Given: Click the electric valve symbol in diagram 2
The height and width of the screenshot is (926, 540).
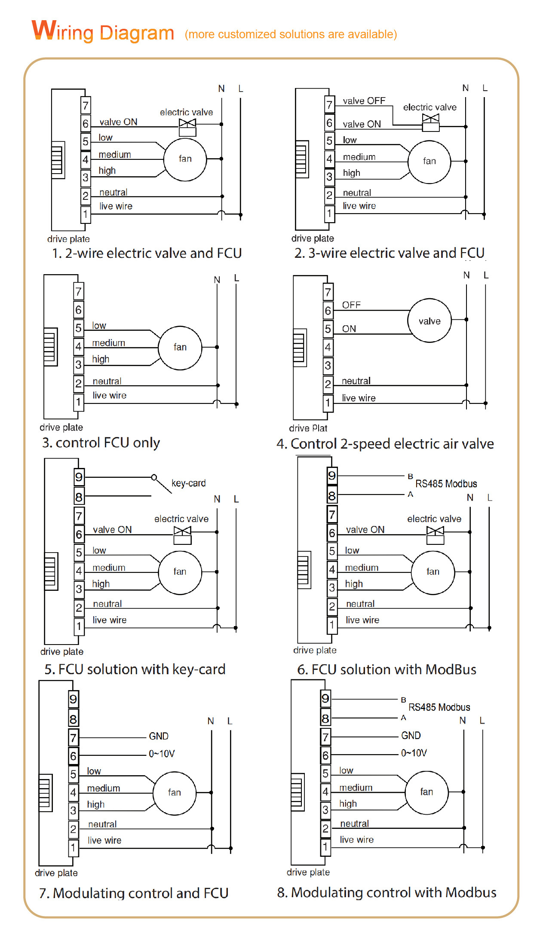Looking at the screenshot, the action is click(431, 122).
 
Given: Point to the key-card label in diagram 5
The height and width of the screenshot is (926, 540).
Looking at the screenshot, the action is click(188, 483).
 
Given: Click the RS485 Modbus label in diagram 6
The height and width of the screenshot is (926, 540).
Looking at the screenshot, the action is click(446, 484).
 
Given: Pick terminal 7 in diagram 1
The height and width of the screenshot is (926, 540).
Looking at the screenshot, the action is click(86, 105).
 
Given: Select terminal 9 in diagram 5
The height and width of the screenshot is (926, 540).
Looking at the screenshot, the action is click(79, 477).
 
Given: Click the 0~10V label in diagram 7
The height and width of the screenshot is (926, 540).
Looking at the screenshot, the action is click(162, 754).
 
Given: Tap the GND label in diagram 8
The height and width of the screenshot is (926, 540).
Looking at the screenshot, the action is click(411, 736).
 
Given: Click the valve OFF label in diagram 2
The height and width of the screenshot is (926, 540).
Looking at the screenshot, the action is click(364, 101).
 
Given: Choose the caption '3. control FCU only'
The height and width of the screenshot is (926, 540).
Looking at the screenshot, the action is click(101, 443).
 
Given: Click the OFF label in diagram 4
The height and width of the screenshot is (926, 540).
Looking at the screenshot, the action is click(351, 305).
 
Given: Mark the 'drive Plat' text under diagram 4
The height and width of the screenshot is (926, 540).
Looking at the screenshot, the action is click(308, 428).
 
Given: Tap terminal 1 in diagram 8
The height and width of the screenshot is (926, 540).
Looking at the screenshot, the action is click(326, 847).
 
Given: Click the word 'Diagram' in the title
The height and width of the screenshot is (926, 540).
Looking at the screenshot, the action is click(137, 33).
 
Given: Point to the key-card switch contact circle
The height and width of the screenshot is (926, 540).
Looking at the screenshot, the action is click(154, 477).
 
